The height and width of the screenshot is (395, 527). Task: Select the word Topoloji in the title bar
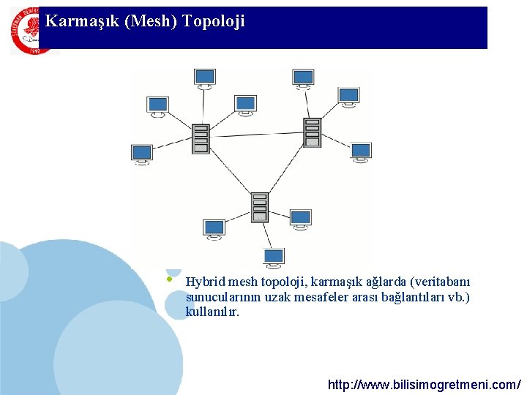pos(214,21)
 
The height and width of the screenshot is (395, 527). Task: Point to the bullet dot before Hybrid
pos(169,278)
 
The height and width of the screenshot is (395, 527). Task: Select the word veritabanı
pos(442,282)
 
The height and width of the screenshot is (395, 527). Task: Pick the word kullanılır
pos(212,312)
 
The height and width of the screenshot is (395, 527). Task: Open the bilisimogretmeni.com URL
pos(425,384)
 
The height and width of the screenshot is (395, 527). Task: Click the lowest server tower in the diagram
pos(260,207)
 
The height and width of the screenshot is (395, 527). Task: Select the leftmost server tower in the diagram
pos(201,138)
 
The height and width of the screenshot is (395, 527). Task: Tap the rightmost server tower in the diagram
pos(313,132)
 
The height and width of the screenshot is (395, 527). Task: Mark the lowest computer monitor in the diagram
pos(274,257)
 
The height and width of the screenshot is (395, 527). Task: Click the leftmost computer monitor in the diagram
pos(142,154)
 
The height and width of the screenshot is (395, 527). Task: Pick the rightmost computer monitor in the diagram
pos(360,151)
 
